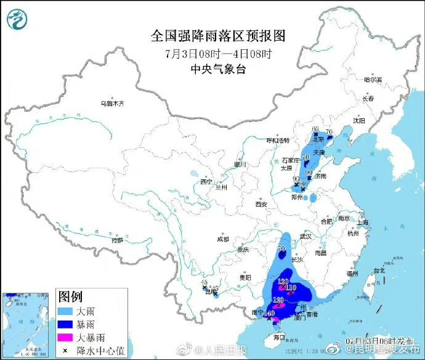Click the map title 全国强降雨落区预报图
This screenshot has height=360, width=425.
pos(219,36)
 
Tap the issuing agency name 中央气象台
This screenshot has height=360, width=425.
pos(219,69)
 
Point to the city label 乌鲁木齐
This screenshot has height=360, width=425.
pos(113,104)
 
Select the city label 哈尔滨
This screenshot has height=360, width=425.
pos(373,80)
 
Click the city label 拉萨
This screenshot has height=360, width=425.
pos(117,240)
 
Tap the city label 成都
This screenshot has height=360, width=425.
pos(222,239)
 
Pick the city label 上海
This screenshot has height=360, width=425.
pos(365,223)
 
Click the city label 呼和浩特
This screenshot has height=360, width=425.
pos(277,141)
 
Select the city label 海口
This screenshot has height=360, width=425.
pos(279,337)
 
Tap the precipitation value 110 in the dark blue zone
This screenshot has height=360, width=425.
pos(291,287)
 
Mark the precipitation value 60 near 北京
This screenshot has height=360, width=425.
pos(315,129)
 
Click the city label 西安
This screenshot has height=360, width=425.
pos(261,204)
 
